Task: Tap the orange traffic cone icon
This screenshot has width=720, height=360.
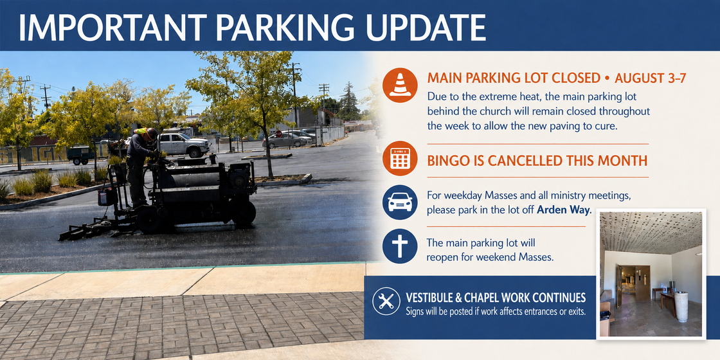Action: [400, 85]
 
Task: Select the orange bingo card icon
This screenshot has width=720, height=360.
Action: [400, 158]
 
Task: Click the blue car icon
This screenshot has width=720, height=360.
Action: [400, 202]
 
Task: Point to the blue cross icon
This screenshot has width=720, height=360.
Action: [400, 246]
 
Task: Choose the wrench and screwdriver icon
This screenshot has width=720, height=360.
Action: [386, 301]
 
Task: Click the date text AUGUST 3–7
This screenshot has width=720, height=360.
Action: [650, 78]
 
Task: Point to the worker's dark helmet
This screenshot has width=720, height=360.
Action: [152, 133]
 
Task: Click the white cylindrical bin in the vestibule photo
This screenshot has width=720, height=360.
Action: [681, 306]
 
